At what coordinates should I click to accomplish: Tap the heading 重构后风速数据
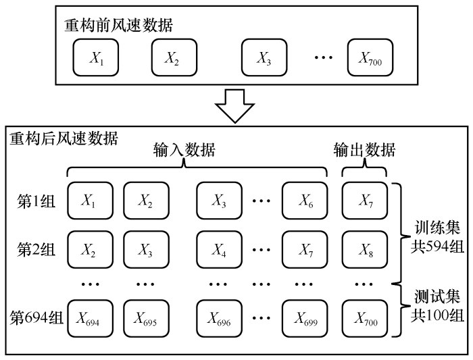coord(64,138)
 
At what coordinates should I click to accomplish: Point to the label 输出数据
coord(365,150)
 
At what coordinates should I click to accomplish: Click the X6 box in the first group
coord(305,200)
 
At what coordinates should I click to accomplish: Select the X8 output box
coord(365,249)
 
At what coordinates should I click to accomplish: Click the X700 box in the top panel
coord(370,58)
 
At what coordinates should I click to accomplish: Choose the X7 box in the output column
coord(365,200)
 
